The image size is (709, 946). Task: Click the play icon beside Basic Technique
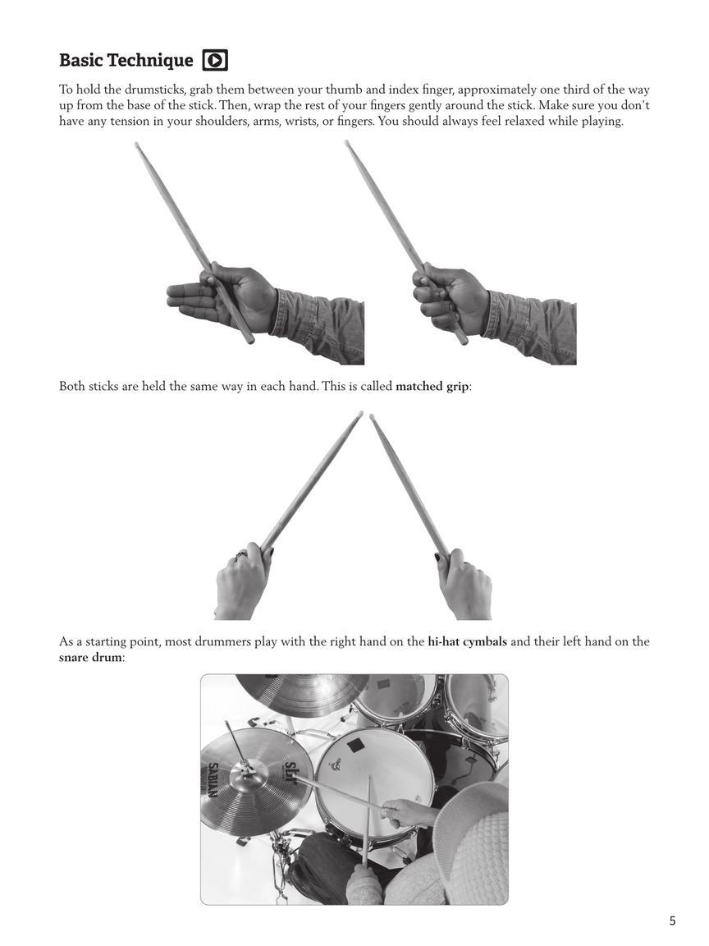(x=215, y=60)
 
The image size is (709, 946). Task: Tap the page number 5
(x=672, y=921)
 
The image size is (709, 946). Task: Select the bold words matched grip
(x=432, y=386)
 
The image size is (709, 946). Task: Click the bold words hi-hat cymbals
(x=467, y=641)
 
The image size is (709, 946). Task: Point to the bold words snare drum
(x=90, y=658)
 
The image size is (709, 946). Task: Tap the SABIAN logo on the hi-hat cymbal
(x=212, y=780)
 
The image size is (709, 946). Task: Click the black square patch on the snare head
(x=355, y=745)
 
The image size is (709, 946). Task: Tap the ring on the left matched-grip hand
(x=241, y=556)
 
